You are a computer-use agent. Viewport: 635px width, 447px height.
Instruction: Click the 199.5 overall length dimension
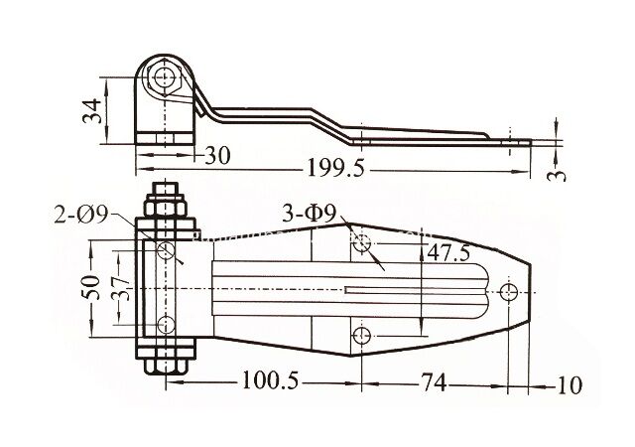(x=336, y=168)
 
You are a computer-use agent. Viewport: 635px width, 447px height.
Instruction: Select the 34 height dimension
(x=92, y=110)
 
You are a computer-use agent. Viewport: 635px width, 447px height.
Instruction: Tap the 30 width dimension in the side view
(x=217, y=155)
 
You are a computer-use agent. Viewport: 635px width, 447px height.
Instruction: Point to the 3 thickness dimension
(x=556, y=175)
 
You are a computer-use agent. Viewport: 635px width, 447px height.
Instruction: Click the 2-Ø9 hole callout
(x=81, y=215)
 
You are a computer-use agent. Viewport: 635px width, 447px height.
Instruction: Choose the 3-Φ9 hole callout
(x=309, y=214)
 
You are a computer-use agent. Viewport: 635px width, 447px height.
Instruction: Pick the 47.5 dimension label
(x=448, y=253)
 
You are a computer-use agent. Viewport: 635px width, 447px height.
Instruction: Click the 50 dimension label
(x=92, y=287)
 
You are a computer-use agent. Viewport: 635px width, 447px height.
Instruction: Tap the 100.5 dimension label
(x=270, y=380)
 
